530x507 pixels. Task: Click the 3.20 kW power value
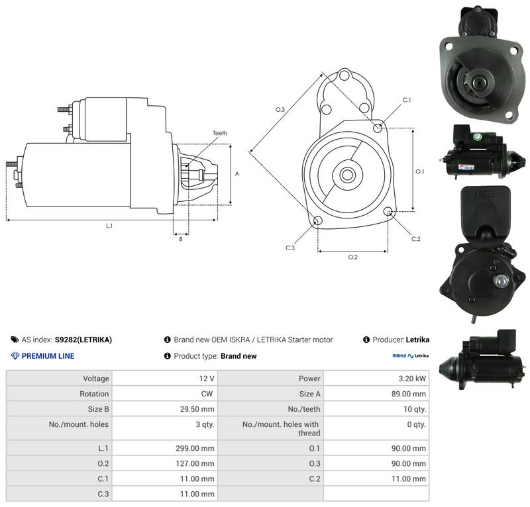click(x=412, y=379)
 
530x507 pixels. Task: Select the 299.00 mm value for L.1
click(x=195, y=448)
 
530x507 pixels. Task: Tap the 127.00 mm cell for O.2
click(x=195, y=463)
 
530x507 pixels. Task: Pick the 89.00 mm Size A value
click(x=408, y=394)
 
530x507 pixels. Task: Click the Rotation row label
click(x=94, y=394)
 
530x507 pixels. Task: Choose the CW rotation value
click(x=207, y=394)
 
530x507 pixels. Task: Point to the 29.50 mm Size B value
click(x=197, y=409)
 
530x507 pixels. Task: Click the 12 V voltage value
click(x=207, y=379)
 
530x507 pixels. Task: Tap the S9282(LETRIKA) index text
click(x=83, y=340)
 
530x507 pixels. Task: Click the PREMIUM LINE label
click(x=48, y=356)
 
